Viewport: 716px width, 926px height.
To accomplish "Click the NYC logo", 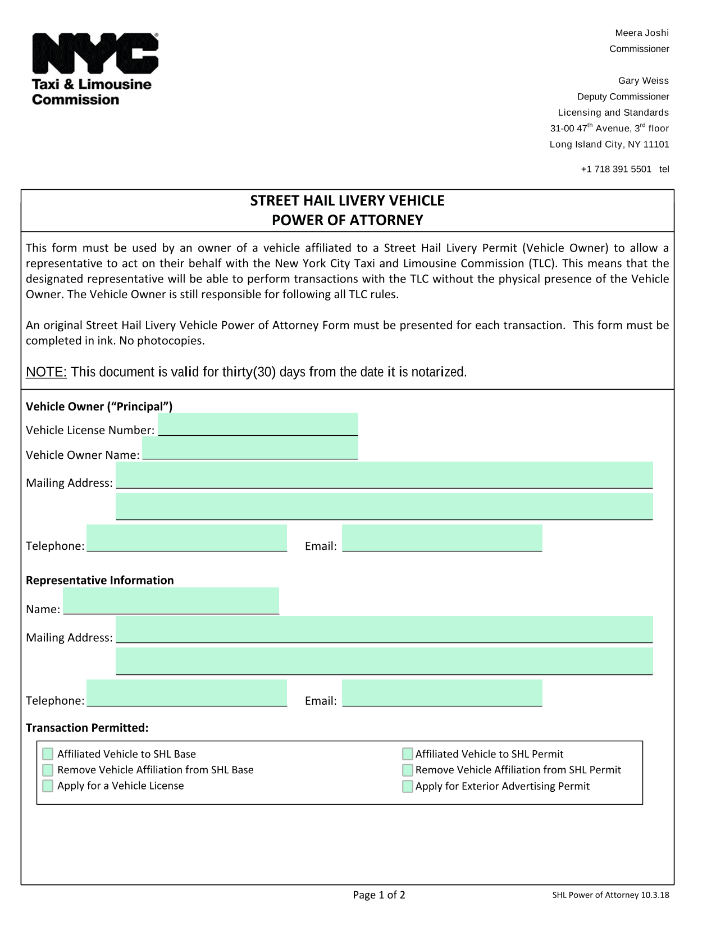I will pyautogui.click(x=95, y=53).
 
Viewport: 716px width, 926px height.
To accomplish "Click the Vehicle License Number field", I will pyautogui.click(x=258, y=425).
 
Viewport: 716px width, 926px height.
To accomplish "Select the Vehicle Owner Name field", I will pyautogui.click(x=250, y=449).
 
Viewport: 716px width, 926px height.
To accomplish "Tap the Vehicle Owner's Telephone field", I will pyautogui.click(x=186, y=538).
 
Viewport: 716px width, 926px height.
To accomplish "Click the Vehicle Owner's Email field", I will pyautogui.click(x=442, y=538).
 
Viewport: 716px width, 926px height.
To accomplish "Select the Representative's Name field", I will pyautogui.click(x=171, y=601).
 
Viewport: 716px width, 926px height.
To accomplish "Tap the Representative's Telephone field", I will pyautogui.click(x=186, y=693).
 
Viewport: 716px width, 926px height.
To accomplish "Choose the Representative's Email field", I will pyautogui.click(x=442, y=693).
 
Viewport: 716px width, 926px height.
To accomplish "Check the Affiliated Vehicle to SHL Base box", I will pyautogui.click(x=48, y=754).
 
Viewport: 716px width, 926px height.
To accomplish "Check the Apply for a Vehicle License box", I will pyautogui.click(x=48, y=786).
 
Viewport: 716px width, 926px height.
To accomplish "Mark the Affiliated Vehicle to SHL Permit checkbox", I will pyautogui.click(x=408, y=754).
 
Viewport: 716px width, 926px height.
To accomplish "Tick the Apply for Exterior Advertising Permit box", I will pyautogui.click(x=408, y=786).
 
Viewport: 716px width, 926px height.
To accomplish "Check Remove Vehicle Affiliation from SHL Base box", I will pyautogui.click(x=48, y=770).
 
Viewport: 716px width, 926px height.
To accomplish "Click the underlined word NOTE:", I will pyautogui.click(x=47, y=372).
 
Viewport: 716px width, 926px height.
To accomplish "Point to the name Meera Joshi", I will pyautogui.click(x=642, y=33).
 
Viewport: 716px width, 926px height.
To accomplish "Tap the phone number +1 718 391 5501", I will pyautogui.click(x=616, y=169).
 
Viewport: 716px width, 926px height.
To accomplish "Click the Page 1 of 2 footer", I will pyautogui.click(x=379, y=895).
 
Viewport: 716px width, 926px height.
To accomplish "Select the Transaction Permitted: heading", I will pyautogui.click(x=87, y=728).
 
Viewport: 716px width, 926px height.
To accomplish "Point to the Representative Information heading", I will pyautogui.click(x=100, y=580).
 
